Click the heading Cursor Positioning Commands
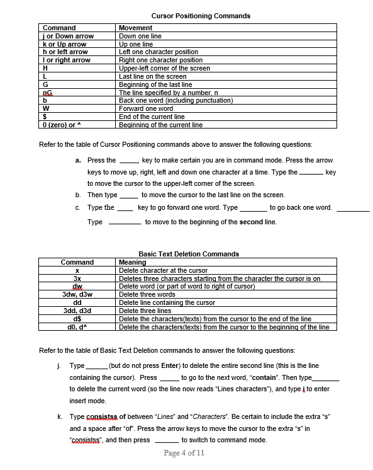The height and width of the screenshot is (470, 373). click(x=201, y=16)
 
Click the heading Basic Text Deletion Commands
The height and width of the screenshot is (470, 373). click(x=188, y=254)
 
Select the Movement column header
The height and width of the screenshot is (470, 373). click(x=135, y=28)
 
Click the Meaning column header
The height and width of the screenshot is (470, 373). click(x=132, y=262)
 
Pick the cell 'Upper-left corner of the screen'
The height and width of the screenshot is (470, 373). click(x=164, y=68)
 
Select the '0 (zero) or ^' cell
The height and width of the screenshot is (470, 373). click(x=63, y=125)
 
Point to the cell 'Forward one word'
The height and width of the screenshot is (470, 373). click(x=146, y=108)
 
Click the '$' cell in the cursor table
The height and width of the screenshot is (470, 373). click(x=45, y=117)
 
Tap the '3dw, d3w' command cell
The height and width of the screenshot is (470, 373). click(x=77, y=294)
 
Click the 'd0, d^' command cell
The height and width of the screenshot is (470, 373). click(x=77, y=327)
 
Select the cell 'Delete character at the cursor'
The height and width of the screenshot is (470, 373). click(x=163, y=270)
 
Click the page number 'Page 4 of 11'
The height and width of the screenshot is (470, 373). click(x=184, y=453)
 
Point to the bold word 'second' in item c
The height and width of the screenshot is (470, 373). click(x=251, y=222)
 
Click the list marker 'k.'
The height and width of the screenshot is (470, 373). click(x=59, y=416)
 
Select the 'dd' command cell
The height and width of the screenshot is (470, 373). click(x=77, y=302)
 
